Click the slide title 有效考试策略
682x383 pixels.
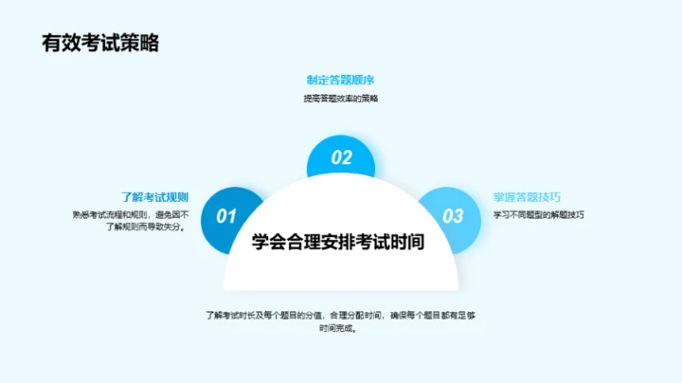[99, 44]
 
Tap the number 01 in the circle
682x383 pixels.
[225, 216]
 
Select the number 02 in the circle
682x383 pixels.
[341, 158]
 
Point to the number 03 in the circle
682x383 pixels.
[454, 216]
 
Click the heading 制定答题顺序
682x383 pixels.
[340, 80]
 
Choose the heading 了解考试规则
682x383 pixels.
[155, 197]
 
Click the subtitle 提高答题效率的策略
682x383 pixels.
[340, 98]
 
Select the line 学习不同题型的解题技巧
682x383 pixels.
[538, 214]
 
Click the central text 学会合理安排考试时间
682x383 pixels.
[338, 242]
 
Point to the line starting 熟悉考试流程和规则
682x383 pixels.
[131, 214]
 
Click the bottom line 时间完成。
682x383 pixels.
[340, 330]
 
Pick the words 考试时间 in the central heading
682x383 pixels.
[390, 242]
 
